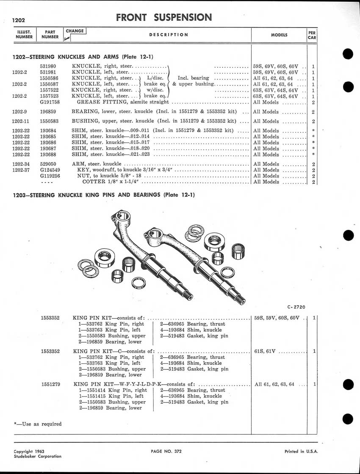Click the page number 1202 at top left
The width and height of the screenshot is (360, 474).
[19, 21]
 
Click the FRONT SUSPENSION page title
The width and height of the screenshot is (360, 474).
[164, 17]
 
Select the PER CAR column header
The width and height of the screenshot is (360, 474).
[312, 35]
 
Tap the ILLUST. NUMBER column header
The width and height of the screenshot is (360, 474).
[24, 34]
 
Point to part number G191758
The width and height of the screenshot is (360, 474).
[50, 102]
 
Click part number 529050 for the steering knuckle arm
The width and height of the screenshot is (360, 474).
[48, 164]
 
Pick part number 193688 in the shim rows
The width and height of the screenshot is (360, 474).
[48, 155]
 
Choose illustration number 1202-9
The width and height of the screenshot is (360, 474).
[19, 111]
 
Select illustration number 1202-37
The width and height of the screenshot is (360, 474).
[21, 170]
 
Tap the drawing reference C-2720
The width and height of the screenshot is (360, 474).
[296, 307]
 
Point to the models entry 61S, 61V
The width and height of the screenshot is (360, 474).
[265, 351]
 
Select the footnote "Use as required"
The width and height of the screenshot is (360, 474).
[38, 424]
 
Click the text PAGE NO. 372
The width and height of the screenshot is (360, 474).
[166, 452]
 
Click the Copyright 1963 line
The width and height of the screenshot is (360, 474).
[29, 452]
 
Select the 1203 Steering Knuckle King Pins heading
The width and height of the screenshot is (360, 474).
[104, 195]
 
